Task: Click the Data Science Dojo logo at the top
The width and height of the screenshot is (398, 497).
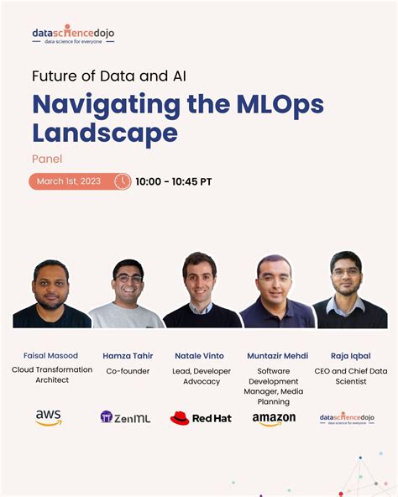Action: pos(73,34)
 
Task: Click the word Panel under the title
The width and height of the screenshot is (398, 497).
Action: pos(47,158)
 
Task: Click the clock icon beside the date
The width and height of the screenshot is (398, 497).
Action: pos(123,181)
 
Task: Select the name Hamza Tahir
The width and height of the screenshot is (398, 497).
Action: pos(128,355)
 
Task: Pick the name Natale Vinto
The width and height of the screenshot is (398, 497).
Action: pos(199,355)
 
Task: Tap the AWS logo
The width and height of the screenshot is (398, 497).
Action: pos(49,417)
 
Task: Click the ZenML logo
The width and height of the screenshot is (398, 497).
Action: pos(125,417)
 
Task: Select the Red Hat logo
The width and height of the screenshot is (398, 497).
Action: pos(200,417)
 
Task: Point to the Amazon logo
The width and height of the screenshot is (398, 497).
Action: pos(274,418)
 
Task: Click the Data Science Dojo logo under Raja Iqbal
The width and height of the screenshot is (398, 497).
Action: pos(347,417)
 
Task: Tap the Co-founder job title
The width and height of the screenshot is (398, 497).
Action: pos(128,370)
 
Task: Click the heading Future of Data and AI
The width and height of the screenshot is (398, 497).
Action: pos(109,76)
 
